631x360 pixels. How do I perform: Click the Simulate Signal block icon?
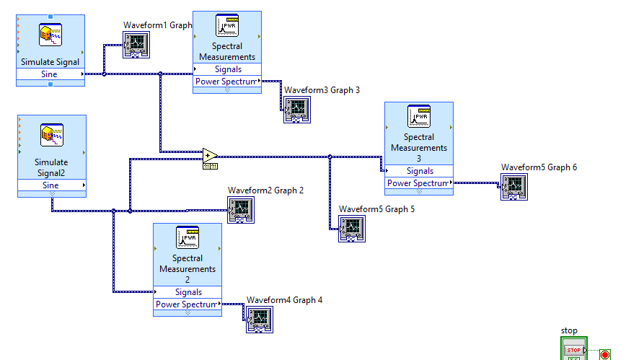50,35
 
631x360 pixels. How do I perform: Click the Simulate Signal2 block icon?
52,135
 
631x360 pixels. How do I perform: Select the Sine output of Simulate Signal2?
50,185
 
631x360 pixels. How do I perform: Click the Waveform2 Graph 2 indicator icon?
240,209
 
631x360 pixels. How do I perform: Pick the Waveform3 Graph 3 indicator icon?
296,110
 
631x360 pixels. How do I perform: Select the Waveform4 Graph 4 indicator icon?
259,319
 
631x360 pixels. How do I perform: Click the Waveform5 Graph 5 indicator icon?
352,228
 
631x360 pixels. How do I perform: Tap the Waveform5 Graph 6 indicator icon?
513,186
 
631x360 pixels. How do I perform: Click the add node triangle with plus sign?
209,155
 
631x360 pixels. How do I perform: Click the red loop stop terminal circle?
604,354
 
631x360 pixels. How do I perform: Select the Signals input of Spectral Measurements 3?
419,171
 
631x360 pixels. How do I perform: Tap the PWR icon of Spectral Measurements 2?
187,237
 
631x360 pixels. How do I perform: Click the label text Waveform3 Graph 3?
322,90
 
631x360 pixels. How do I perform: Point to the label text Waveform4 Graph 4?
284,300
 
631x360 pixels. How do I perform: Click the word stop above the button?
569,330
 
